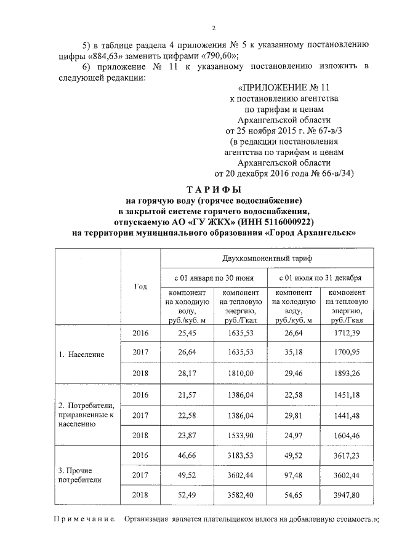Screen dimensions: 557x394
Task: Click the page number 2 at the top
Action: [213, 28]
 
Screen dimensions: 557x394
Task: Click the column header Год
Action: [140, 286]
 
